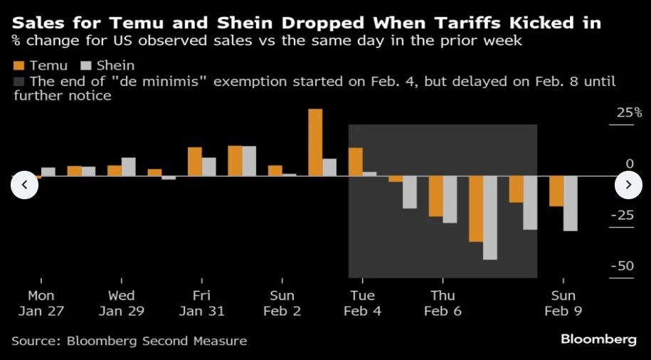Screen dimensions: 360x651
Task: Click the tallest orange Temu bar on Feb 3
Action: (315, 142)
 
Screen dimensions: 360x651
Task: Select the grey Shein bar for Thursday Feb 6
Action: (450, 198)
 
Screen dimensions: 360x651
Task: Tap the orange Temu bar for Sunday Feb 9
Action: (556, 190)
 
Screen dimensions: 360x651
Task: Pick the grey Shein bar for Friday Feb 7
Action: (489, 217)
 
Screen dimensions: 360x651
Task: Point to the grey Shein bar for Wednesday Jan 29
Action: (128, 166)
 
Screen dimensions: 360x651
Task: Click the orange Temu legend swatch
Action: (18, 66)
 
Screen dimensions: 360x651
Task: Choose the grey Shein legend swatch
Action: (88, 66)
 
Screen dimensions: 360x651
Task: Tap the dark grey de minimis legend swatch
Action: (18, 81)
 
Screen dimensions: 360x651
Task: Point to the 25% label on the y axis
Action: (629, 113)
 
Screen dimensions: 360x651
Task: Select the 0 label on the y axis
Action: (630, 164)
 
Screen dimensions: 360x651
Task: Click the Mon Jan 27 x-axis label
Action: (41, 303)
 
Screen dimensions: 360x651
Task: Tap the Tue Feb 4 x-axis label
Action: (362, 303)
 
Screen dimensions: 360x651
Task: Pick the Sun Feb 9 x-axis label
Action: (563, 303)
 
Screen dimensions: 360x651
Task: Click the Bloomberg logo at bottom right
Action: (598, 339)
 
